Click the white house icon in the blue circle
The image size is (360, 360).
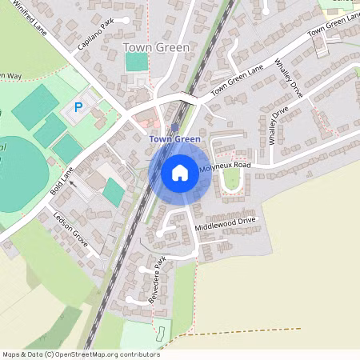[x=180, y=172]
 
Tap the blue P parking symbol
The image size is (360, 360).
[x=78, y=106]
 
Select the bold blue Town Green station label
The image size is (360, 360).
[x=174, y=139]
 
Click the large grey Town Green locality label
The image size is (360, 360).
[x=157, y=48]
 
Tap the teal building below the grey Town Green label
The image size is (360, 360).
[x=137, y=62]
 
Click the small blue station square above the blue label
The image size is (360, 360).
[x=174, y=128]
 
